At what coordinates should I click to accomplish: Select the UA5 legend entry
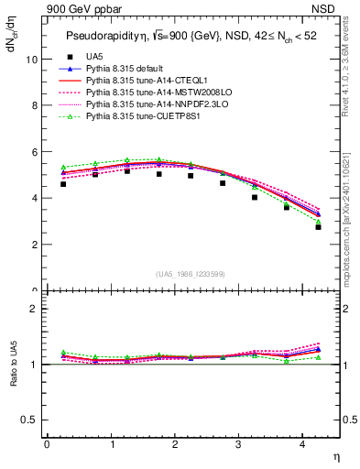point(93,58)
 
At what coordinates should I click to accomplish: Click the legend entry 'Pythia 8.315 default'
point(129,70)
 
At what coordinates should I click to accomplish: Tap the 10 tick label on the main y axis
point(32,59)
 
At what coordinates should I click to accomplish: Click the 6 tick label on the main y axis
point(34,152)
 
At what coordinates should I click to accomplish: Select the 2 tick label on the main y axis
point(34,245)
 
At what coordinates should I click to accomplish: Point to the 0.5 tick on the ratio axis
point(31,420)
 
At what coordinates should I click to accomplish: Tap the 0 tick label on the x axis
point(47,444)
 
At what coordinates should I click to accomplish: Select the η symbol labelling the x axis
point(336,455)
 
